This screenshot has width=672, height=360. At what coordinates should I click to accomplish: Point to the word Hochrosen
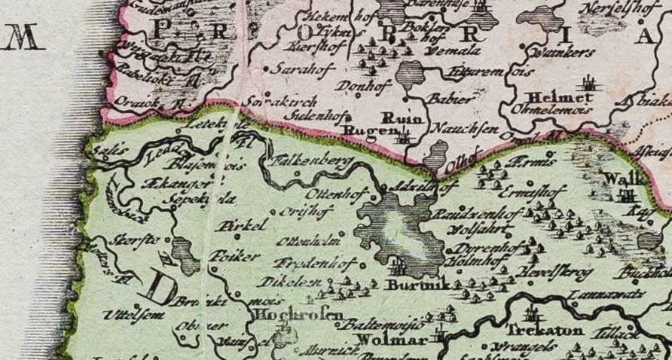click(x=300, y=315)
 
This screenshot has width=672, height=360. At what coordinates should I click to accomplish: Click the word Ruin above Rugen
click(x=399, y=117)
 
